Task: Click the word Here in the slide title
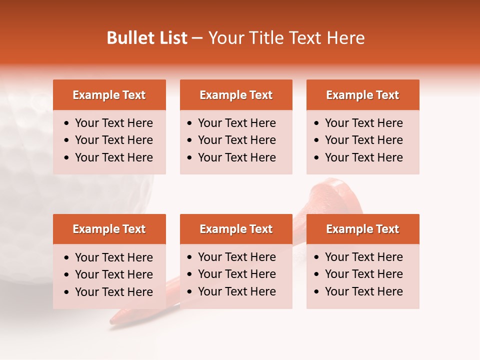345,38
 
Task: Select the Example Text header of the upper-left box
109,95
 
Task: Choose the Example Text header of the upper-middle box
236,95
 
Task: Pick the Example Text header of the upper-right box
362,95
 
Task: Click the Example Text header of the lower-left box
109,229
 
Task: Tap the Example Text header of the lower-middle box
236,229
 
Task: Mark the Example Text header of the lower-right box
362,229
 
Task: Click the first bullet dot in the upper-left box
67,123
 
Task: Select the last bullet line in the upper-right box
363,157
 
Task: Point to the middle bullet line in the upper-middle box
236,140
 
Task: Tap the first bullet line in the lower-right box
363,257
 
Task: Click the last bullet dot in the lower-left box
67,292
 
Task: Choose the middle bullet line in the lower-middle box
236,274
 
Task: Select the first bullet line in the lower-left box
113,257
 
